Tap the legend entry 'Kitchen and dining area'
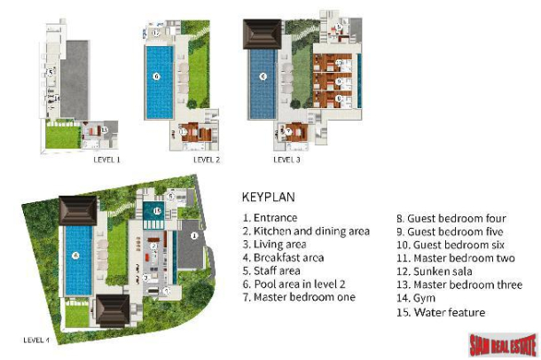click(305, 231)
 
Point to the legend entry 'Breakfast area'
click(283, 257)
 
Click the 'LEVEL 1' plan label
click(106, 160)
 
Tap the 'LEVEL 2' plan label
click(206, 160)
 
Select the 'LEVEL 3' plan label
click(286, 160)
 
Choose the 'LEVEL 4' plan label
click(35, 340)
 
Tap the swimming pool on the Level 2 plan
click(158, 82)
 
